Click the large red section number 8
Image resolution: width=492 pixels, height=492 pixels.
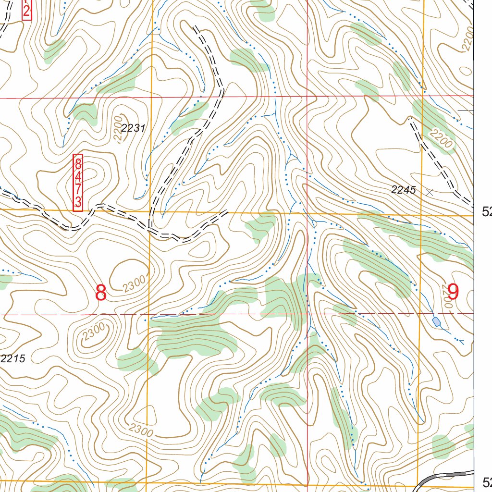coord(100,292)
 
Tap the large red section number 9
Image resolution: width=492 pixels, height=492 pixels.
coord(453,291)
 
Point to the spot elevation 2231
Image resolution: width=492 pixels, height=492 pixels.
coord(133,128)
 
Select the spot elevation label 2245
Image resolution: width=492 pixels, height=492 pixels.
coord(403,190)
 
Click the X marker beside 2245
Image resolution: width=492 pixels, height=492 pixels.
coord(430,192)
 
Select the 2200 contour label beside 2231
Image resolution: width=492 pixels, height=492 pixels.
coord(118,127)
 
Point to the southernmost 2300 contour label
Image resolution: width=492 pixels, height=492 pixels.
coord(141,430)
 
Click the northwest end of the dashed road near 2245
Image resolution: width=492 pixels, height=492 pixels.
coord(410,118)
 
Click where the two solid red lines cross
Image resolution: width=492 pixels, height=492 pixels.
coord(307,97)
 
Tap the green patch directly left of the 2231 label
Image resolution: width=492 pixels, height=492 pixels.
coord(84,114)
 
